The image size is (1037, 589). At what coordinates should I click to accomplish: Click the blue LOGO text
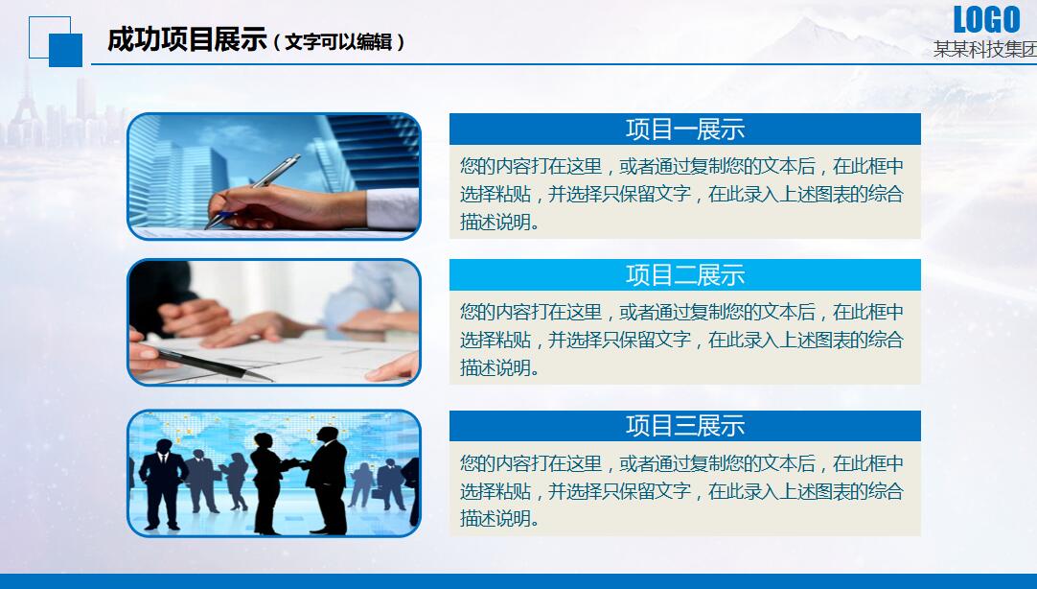986,19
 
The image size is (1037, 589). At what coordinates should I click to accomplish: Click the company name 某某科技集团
985,50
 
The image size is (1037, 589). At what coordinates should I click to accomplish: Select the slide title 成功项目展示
187,39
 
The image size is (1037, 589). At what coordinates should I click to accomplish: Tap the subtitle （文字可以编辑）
337,42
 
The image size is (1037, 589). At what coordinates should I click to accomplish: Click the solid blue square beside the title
65,50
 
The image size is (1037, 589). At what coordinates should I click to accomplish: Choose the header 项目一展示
685,130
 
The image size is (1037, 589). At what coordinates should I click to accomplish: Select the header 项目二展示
685,274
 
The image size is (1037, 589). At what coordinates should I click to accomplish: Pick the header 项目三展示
685,426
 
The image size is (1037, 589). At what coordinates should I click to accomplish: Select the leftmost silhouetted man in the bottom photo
162,484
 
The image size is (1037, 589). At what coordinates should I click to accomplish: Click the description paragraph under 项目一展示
681,194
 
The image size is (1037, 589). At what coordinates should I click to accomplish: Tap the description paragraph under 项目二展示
681,340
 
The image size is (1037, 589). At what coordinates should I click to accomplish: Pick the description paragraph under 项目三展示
681,490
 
